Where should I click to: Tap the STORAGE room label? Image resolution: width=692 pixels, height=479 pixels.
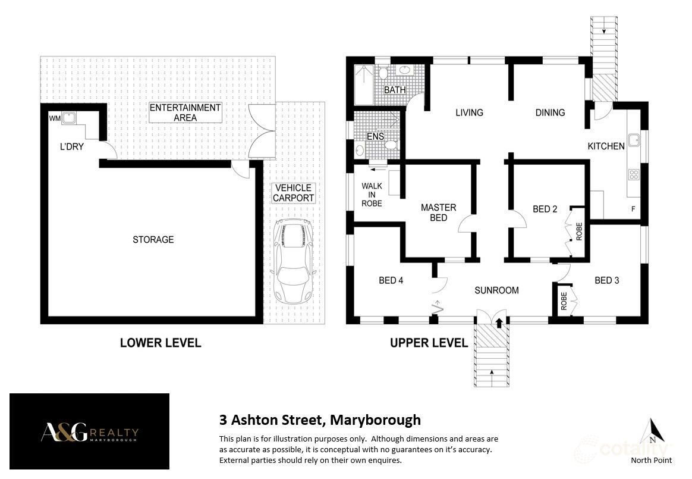point(153,239)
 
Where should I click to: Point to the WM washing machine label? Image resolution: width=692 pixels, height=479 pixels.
point(55,119)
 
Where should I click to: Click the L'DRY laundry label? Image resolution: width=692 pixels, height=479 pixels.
point(71,146)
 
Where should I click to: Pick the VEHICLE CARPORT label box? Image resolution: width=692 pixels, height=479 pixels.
point(293,193)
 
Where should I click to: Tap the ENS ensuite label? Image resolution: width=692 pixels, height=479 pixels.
point(375,137)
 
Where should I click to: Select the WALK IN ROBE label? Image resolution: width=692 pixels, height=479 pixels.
point(372,195)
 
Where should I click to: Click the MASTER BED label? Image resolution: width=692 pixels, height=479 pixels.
point(438,212)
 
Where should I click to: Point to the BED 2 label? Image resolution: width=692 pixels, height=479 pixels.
point(545,209)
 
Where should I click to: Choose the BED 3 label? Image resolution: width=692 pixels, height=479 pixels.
point(606,280)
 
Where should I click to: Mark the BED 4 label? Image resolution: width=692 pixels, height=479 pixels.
point(391,280)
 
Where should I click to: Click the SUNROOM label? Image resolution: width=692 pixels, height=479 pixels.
point(496,290)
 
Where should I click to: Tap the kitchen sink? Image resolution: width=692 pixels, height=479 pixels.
point(634,140)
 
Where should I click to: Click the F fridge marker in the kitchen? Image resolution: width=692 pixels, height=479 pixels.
point(633,209)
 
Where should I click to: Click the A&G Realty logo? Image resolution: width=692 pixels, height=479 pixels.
point(89,433)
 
